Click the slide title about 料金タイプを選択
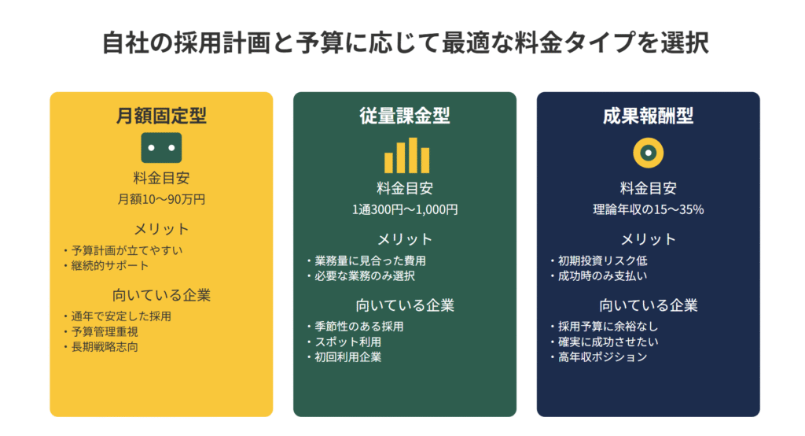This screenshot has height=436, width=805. click(405, 42)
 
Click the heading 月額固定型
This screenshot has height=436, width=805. click(161, 115)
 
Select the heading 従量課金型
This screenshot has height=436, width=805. click(405, 115)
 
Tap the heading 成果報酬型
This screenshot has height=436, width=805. click(648, 115)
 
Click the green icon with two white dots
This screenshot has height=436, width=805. click(161, 147)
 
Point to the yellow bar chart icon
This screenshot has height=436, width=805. click(406, 155)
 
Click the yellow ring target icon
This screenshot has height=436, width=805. click(648, 153)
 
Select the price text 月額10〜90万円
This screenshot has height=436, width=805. click(161, 199)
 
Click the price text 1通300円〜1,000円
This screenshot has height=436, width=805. click(405, 209)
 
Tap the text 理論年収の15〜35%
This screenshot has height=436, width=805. click(648, 209)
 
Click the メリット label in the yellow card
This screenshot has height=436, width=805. click(161, 229)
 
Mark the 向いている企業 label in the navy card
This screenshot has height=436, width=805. click(648, 305)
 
